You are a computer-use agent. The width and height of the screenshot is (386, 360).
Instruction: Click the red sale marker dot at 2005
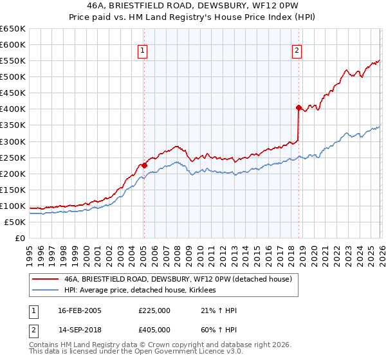(144, 165)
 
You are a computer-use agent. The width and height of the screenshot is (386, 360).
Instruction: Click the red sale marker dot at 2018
(299, 107)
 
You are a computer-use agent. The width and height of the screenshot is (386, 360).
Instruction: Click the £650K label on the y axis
(12, 29)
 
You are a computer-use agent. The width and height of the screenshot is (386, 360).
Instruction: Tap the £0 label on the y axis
(19, 238)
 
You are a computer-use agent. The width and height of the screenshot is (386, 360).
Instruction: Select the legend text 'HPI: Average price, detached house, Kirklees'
(140, 291)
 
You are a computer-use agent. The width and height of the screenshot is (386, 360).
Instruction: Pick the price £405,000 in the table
(154, 329)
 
